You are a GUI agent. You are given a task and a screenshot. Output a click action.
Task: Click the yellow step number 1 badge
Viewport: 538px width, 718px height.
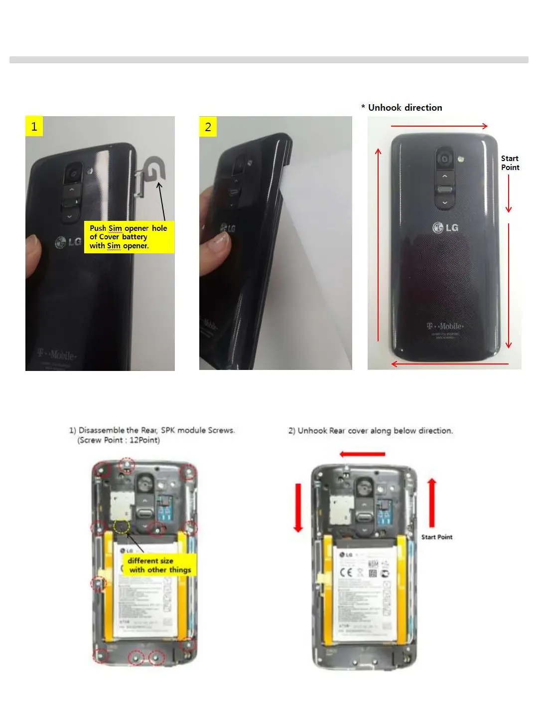[34, 126]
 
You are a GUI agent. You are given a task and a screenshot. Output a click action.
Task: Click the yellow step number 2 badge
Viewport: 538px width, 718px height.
[208, 127]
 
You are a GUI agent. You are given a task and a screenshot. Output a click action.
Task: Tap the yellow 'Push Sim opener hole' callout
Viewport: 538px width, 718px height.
[129, 237]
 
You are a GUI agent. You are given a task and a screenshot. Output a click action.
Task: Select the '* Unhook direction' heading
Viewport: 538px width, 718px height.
[402, 108]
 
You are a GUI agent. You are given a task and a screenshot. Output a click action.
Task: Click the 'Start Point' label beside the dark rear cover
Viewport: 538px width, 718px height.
[510, 163]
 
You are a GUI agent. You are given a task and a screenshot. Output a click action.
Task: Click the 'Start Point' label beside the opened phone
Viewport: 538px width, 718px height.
[437, 537]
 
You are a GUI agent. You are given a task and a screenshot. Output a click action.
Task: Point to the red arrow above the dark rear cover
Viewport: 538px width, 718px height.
[439, 126]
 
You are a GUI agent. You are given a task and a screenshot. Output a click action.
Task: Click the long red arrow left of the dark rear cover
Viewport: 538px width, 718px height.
[378, 244]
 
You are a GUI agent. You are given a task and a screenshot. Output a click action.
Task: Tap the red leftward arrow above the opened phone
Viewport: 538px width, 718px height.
[362, 454]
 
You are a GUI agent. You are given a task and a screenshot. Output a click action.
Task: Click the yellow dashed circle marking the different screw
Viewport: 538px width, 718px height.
[121, 526]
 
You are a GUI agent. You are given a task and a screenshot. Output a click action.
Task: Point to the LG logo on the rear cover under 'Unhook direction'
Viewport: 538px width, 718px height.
[445, 228]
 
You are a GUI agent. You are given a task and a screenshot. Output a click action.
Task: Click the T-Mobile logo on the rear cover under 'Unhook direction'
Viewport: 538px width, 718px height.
[445, 326]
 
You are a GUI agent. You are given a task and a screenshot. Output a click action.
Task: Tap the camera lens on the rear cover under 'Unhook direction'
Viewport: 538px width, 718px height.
[444, 159]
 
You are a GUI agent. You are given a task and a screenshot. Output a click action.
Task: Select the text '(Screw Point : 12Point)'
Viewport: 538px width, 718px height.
[119, 440]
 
